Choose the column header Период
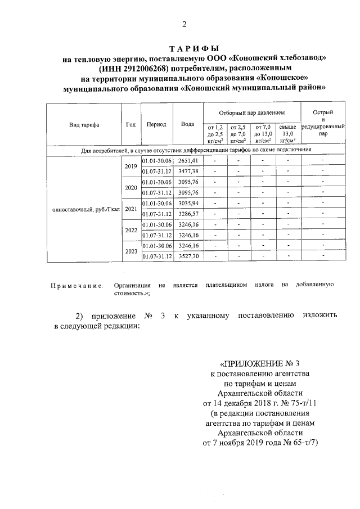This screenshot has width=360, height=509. tap(156, 125)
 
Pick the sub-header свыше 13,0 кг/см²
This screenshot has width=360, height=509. tap(287, 134)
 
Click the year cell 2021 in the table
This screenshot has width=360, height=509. tap(131, 209)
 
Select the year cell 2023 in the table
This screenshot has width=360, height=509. tap(131, 251)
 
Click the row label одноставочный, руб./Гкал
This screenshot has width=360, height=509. tap(84, 209)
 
